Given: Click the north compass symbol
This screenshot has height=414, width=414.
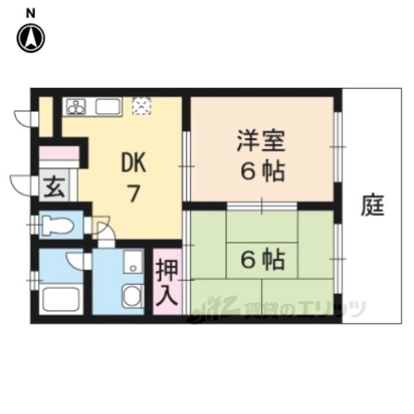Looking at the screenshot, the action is [31, 38].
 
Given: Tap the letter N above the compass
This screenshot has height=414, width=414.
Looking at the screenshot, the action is [30, 13].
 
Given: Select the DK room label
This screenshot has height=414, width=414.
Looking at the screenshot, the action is [134, 163].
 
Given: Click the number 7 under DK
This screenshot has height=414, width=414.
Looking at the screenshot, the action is [134, 193].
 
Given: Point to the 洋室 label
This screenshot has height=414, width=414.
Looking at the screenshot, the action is [261, 140].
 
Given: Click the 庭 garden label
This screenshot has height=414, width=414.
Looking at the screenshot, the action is [373, 205].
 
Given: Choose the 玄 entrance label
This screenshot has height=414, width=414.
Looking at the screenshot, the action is [54, 188].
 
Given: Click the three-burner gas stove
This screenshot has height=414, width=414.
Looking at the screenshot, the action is [76, 106].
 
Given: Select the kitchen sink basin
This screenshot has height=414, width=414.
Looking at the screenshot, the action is [108, 106].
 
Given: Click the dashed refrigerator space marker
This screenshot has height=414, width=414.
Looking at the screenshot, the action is [142, 106].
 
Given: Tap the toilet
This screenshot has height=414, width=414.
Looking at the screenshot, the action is [58, 225].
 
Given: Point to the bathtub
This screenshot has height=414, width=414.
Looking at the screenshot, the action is [61, 299].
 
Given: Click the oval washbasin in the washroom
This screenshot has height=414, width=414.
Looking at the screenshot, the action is [133, 296].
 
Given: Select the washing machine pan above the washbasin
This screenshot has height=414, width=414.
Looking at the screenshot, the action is [133, 262].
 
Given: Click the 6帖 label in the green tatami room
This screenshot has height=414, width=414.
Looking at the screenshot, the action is [263, 260].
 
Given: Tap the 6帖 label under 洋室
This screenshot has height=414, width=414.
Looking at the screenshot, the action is [263, 171].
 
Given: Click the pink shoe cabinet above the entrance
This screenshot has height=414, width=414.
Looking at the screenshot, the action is [59, 153].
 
